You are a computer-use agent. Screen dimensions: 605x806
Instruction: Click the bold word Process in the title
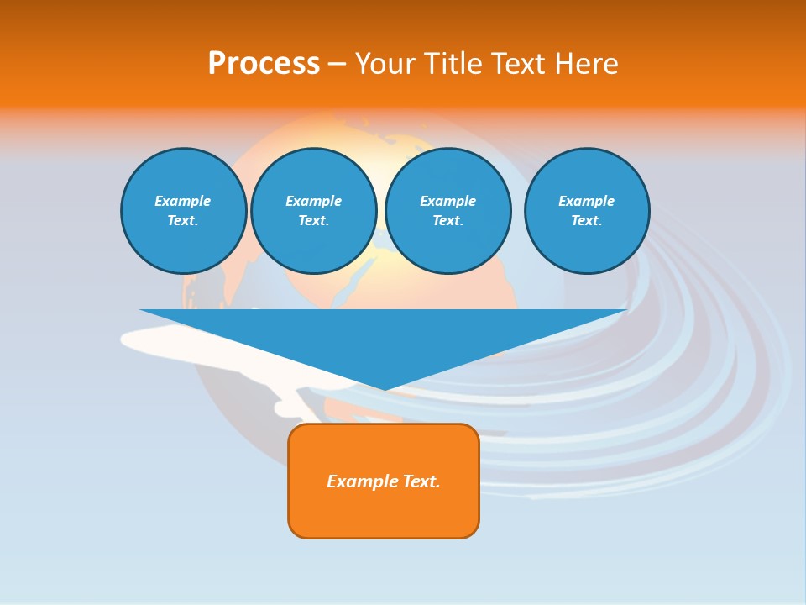point(264,64)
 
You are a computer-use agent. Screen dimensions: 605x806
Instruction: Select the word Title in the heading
point(456,64)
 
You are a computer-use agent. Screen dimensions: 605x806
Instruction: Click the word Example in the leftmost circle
point(183,201)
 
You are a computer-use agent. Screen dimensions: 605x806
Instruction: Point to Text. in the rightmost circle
point(586,221)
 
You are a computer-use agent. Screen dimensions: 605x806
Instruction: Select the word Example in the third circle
point(447,201)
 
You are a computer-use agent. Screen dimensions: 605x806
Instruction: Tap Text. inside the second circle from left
point(313,221)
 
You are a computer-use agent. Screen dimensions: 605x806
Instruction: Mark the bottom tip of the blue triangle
point(384,387)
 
